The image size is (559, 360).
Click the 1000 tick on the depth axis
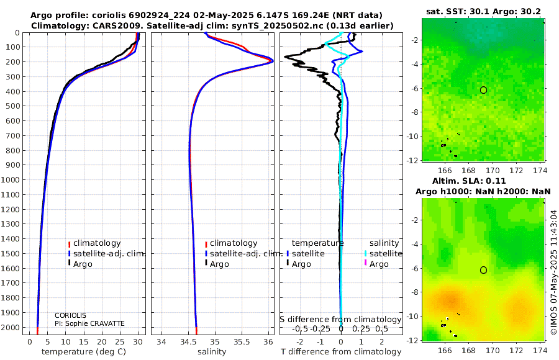coord(11,179)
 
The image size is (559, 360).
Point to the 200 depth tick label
coord(13,62)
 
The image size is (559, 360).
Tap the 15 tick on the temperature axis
coord(84,342)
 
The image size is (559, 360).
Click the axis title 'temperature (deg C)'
coord(84,352)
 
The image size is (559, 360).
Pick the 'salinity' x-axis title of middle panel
coord(212,352)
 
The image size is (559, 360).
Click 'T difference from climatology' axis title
coord(341,352)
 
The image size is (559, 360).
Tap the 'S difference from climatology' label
coord(340,320)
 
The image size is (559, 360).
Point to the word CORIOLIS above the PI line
coord(70,315)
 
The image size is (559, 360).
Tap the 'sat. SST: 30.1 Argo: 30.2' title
coord(483,11)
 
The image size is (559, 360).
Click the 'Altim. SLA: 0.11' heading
coord(469,181)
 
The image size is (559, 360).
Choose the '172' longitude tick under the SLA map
coord(516,350)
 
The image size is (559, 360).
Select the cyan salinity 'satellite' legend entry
coord(383,254)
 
